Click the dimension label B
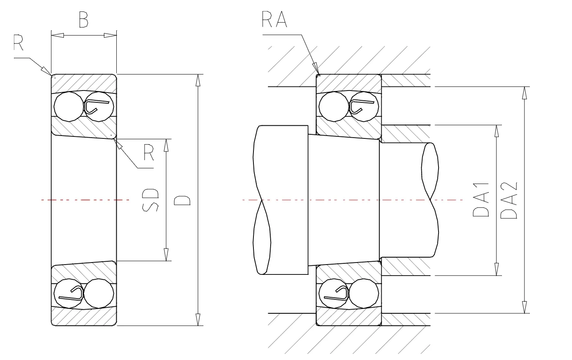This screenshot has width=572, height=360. coord(84,20)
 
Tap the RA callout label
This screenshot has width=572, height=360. coord(274,19)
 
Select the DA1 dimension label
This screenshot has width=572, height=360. coord(481,199)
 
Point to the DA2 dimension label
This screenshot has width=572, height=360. coord(509,200)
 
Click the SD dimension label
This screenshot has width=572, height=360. coord(150,200)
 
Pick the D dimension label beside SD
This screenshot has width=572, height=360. coord(182,201)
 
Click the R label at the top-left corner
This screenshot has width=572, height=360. coord(18,43)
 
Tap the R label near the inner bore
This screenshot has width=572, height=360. coord(149,152)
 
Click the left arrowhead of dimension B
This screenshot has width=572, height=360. coord(57,35)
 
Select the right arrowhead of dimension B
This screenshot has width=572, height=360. coord(110,35)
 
